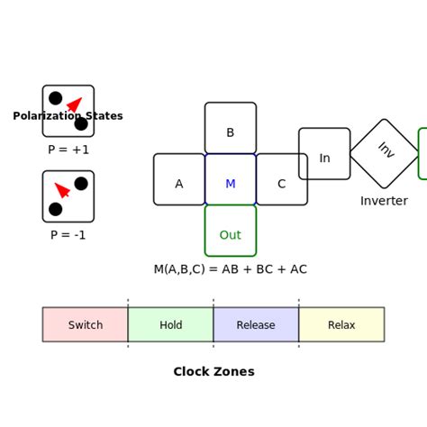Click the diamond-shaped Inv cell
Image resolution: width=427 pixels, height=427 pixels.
385,153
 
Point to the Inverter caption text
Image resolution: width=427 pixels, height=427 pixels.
384,201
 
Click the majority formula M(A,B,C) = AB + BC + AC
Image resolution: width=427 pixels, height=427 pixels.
230,269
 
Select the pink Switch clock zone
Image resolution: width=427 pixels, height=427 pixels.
86,324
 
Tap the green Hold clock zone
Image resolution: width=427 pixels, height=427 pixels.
170,324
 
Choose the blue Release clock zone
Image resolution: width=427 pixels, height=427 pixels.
256,324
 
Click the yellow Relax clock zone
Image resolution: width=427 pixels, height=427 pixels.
341,324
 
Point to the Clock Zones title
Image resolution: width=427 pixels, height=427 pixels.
213,372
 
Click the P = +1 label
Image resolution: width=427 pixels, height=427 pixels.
68,150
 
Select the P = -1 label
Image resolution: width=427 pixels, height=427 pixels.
68,235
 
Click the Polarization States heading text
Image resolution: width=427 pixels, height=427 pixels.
68,116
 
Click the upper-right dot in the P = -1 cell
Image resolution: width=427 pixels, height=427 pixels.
81,184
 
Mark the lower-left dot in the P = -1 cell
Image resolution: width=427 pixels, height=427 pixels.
56,209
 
